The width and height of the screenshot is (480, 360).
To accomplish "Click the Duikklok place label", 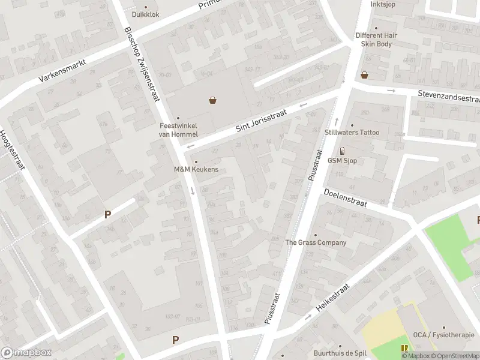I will (x=146, y=14).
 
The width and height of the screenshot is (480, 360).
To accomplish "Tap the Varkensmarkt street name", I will (x=64, y=70).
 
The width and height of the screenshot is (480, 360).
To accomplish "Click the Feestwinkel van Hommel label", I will (x=178, y=130).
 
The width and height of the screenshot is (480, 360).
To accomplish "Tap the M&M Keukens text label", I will (x=196, y=170).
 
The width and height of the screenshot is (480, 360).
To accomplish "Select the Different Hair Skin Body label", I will (x=376, y=40).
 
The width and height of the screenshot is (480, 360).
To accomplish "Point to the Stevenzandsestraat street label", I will (x=450, y=97).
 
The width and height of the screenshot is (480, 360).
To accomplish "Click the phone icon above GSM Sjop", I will (x=342, y=151).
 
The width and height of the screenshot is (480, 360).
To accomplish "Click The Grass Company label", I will (x=316, y=242).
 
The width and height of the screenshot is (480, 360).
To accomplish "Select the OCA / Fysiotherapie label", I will (x=443, y=335).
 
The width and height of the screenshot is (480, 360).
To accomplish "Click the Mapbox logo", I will (x=26, y=352).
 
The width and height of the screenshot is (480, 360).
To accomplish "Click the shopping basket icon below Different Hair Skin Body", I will (x=364, y=75).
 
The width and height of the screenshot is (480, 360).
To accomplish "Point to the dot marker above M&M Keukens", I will (x=196, y=161).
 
